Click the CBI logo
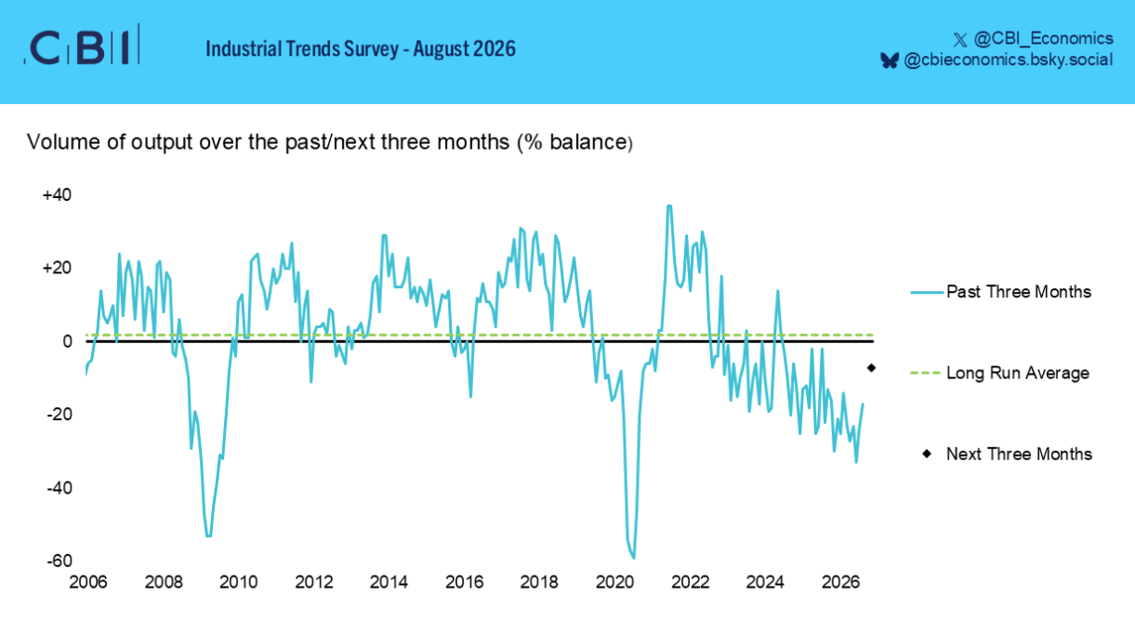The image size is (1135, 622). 82,46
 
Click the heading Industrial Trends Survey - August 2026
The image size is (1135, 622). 361,49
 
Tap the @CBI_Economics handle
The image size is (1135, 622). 1043,38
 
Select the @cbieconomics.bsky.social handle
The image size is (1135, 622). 1009,60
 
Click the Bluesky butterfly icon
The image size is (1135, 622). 890,60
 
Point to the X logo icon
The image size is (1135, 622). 959,40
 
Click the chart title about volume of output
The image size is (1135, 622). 330,142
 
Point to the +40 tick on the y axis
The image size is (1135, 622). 57,195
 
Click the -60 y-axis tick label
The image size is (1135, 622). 59,561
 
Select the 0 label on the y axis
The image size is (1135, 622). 67,341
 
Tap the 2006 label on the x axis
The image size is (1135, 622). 88,582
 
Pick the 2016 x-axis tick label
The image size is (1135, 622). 464,582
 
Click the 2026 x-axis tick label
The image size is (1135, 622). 840,582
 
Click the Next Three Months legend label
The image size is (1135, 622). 1019,455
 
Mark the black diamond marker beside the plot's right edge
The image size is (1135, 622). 871,368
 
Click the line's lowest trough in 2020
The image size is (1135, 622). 634,558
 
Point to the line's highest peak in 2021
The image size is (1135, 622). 669,205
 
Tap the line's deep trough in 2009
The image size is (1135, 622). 209,536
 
